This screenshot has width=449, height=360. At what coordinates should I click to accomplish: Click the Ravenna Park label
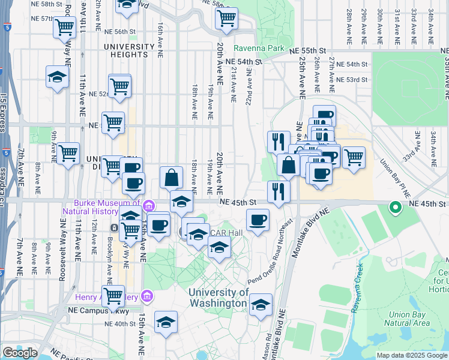pos(259,48)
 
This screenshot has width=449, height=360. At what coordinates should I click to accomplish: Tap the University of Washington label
pos(218,298)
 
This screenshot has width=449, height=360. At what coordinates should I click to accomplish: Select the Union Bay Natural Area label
pos(409,319)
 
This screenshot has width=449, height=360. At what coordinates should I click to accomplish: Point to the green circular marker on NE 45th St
pos(396,208)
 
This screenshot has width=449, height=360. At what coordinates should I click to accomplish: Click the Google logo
pos(20,352)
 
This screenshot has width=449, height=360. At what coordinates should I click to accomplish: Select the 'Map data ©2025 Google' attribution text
pos(411,355)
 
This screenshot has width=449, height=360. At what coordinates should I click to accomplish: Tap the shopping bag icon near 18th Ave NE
pos(171,177)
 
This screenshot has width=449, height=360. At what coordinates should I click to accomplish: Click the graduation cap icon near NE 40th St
pos(166,322)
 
